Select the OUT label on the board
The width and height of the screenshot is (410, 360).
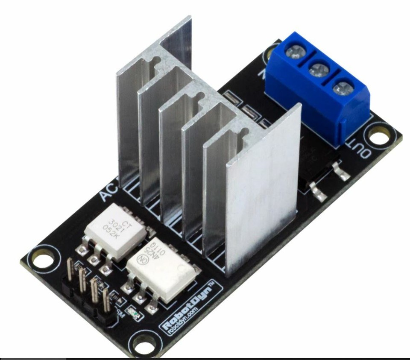coord(359,148)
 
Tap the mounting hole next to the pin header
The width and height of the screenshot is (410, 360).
coord(43,259)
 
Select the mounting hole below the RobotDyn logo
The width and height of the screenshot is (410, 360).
coord(141,342)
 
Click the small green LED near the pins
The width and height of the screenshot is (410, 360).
coord(136,316)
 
